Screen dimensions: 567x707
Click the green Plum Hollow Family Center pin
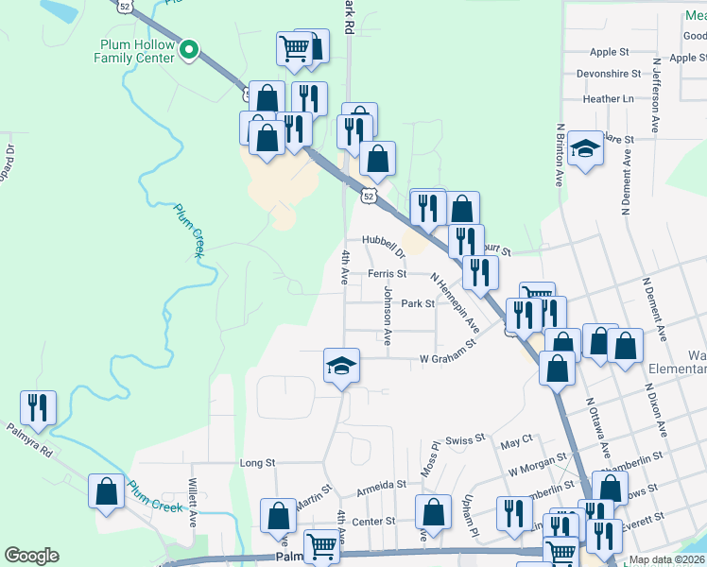[189, 50]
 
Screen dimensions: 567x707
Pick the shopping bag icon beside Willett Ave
[106, 491]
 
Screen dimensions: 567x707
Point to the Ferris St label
[387, 273]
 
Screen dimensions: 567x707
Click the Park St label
[417, 303]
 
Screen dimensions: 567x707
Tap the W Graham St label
[447, 358]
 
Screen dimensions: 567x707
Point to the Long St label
[256, 463]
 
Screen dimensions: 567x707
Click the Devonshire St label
[609, 74]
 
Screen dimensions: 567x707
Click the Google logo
[31, 555]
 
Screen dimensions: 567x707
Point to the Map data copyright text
[666, 559]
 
